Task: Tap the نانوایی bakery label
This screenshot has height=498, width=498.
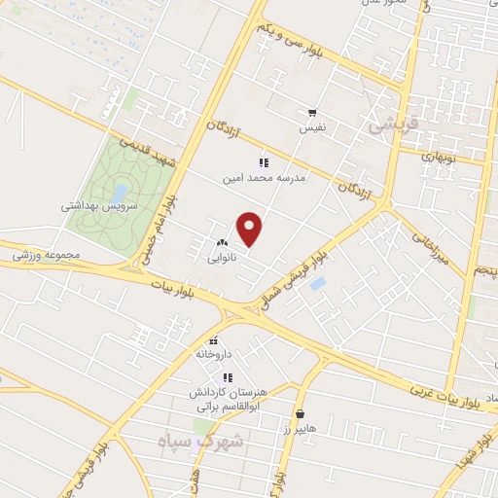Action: pos(220,260)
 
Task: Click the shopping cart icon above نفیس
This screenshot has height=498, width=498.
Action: pos(312,113)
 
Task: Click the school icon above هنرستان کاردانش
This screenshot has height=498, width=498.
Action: pos(228,377)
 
